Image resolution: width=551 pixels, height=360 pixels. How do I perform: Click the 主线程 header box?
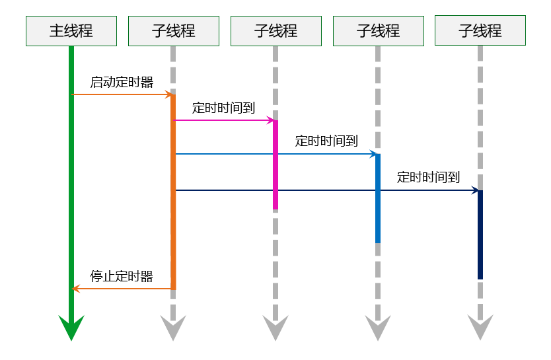[71, 31]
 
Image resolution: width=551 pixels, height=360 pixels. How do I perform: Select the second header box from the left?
[173, 31]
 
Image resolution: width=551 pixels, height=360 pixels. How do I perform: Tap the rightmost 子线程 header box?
[480, 30]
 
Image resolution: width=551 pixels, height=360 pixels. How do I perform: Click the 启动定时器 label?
[122, 83]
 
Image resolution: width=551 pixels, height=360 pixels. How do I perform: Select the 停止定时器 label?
[122, 276]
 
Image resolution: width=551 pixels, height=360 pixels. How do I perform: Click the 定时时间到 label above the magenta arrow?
[223, 108]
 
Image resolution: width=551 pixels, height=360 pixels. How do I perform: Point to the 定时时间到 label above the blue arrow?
[326, 141]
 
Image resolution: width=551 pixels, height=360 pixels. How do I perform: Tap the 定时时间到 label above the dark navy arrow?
[428, 177]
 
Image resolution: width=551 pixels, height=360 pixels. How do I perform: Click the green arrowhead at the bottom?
[71, 328]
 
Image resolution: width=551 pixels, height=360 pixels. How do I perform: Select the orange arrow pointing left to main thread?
[122, 289]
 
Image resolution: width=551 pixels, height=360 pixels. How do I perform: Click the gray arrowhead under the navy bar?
[480, 328]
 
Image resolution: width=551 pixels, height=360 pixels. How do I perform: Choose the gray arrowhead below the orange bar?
[173, 328]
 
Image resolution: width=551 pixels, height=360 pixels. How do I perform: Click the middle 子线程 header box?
[275, 31]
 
